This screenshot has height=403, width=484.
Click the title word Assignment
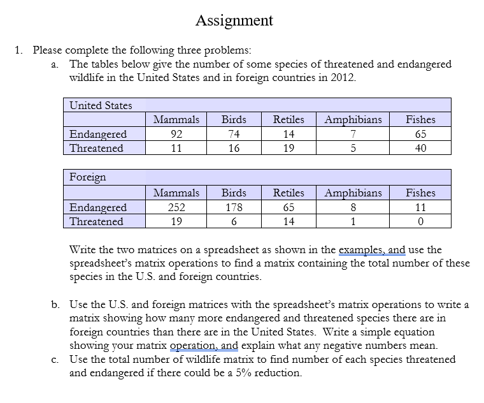pos(234,20)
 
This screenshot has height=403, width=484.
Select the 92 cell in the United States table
pos(176,134)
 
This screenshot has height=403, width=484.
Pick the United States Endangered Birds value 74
pos(234,134)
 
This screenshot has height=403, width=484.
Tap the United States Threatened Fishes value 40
pos(420,148)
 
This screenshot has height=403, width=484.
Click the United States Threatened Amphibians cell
pos(353,148)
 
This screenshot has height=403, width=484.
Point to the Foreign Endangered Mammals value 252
pos(176,207)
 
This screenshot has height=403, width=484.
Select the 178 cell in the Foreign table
pos(234,207)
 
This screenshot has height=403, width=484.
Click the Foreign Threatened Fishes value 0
pos(420,221)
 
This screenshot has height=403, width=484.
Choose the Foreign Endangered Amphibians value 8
pos(353,207)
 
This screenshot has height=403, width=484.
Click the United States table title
pos(101,105)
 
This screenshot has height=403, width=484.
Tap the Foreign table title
pos(88,177)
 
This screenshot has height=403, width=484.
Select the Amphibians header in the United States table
pos(353,119)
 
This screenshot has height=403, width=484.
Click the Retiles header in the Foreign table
pos(288,193)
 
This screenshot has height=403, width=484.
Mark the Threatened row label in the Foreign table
pos(96,221)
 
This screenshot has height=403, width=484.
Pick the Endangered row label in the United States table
pos(98,134)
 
